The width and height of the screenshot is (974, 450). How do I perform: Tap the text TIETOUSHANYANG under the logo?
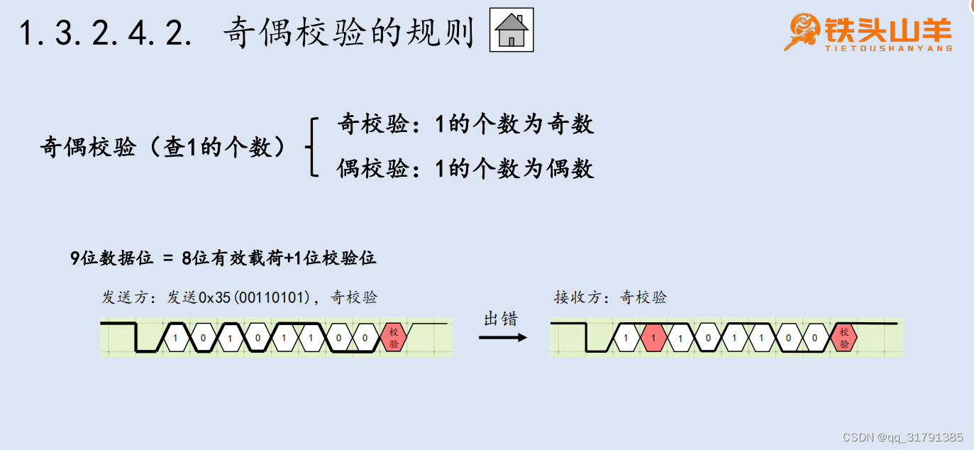pyautogui.click(x=888, y=49)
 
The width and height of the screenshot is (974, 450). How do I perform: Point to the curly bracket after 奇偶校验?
pyautogui.click(x=310, y=148)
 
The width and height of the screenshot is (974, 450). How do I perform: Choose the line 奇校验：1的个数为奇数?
pyautogui.click(x=465, y=125)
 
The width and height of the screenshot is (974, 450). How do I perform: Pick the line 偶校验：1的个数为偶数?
pyautogui.click(x=465, y=169)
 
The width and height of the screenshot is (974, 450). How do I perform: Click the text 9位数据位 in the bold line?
pyautogui.click(x=111, y=258)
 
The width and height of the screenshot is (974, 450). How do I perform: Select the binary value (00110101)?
pyautogui.click(x=276, y=298)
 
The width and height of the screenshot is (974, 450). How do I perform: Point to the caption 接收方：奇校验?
pyautogui.click(x=610, y=297)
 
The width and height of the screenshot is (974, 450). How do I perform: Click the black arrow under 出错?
pyautogui.click(x=503, y=337)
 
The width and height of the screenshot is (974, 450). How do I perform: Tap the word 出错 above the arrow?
pyautogui.click(x=500, y=319)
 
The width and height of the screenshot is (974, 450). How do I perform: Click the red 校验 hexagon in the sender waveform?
pyautogui.click(x=394, y=338)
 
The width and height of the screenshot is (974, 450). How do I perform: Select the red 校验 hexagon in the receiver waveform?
pyautogui.click(x=843, y=338)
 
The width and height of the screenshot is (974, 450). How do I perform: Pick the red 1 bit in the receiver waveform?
pyautogui.click(x=653, y=338)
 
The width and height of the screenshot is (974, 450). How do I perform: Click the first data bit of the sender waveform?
pyautogui.click(x=175, y=338)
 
